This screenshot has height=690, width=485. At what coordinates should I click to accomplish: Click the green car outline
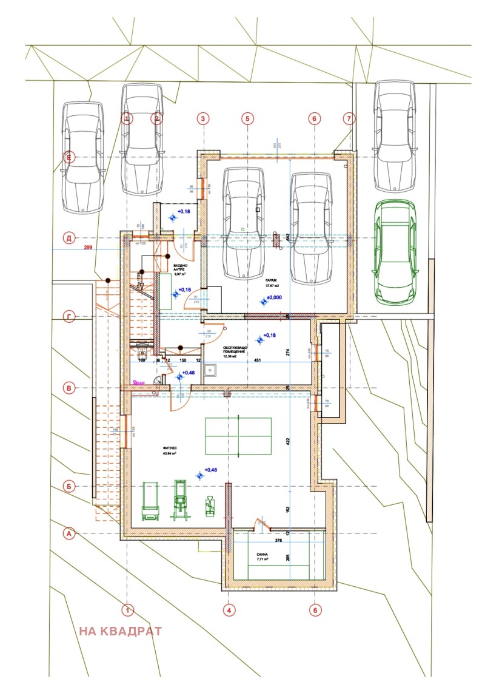[x=395, y=251]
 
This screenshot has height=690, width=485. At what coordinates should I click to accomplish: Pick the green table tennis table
[x=239, y=436]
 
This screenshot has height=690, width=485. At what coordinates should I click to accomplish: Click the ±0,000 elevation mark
[x=276, y=299]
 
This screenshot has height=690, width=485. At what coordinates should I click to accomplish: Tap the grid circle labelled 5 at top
[x=247, y=118]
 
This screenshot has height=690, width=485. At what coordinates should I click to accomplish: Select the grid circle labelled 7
[x=348, y=118]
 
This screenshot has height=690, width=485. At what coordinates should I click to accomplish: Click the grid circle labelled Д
[x=70, y=238]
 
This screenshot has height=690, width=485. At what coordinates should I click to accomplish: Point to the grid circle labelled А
[x=70, y=533]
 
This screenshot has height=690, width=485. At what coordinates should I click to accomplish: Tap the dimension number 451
[x=257, y=362]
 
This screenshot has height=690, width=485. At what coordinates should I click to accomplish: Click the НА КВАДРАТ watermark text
[x=120, y=631]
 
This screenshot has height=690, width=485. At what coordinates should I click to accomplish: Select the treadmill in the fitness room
[x=149, y=501]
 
